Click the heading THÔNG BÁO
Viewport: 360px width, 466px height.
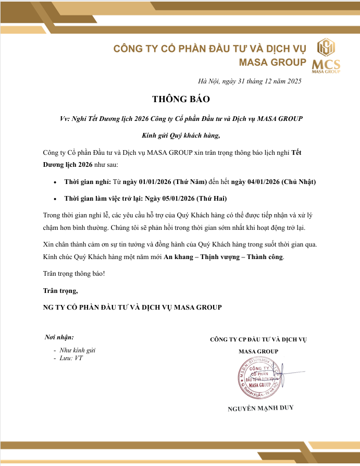coord(180,99)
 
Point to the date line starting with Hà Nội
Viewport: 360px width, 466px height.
coord(250,81)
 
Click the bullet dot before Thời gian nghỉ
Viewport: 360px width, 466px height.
coord(56,182)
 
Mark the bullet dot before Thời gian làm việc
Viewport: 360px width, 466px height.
coord(56,199)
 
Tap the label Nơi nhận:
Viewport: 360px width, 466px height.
coord(59,337)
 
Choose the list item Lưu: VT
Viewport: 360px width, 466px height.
coord(71,359)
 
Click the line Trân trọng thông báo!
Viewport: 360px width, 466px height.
coord(74,274)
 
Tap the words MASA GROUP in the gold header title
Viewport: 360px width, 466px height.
coord(272,63)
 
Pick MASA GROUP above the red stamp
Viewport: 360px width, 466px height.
coord(258,351)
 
